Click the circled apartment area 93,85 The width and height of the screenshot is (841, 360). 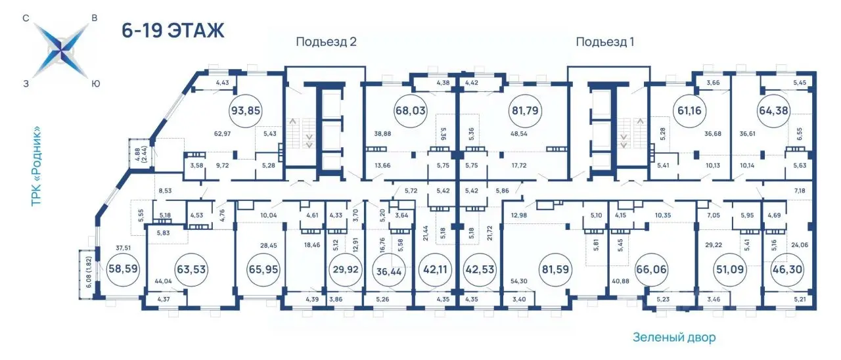(x=245, y=111)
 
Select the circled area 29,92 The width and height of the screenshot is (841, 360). (x=346, y=269)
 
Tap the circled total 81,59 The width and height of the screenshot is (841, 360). (x=555, y=269)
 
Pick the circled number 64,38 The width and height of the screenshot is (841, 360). (x=773, y=111)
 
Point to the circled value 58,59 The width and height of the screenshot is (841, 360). (x=123, y=269)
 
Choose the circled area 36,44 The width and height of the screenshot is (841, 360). (x=389, y=271)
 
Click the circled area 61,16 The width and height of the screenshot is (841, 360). (x=690, y=111)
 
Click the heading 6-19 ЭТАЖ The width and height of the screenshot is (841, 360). (x=173, y=30)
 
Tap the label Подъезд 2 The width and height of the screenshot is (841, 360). (x=326, y=41)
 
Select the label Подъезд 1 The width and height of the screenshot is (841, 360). (x=605, y=41)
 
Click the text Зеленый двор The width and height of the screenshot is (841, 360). (x=674, y=337)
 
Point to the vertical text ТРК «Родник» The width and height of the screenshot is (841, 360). (x=36, y=167)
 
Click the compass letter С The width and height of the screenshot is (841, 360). (x=26, y=18)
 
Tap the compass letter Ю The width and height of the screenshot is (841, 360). (x=96, y=84)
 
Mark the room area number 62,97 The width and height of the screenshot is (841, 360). (x=222, y=133)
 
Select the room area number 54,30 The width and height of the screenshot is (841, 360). (x=519, y=281)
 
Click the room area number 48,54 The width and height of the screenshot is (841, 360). (x=519, y=133)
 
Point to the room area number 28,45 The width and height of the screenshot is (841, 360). (x=269, y=246)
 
